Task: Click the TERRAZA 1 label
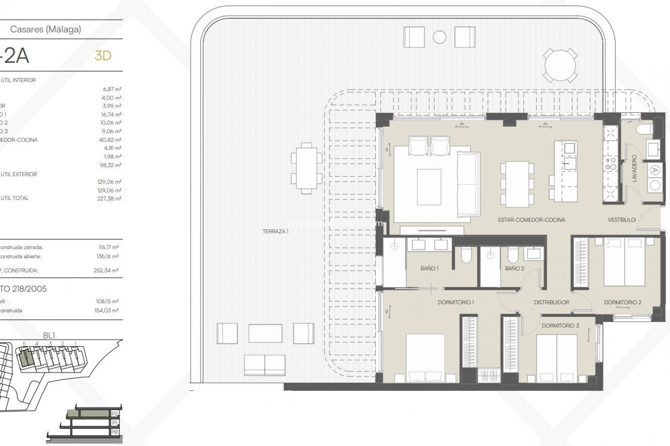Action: (275, 231)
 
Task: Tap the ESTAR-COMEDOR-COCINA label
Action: (531, 220)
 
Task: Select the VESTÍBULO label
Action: (621, 220)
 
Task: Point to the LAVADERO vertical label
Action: (634, 168)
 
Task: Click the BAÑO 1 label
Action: (429, 268)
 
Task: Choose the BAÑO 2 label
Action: (514, 268)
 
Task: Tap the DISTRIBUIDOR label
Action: (551, 302)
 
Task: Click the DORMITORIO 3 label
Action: (560, 325)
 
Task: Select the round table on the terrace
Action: (560, 66)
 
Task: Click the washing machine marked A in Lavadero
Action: (655, 170)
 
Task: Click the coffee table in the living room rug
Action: (429, 187)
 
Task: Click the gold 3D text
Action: (103, 56)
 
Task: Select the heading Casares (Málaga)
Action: (46, 29)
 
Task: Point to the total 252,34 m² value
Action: (106, 270)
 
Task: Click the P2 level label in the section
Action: (114, 414)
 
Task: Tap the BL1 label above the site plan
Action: (49, 335)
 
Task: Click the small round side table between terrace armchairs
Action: (439, 37)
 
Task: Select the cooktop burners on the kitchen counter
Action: (611, 164)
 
